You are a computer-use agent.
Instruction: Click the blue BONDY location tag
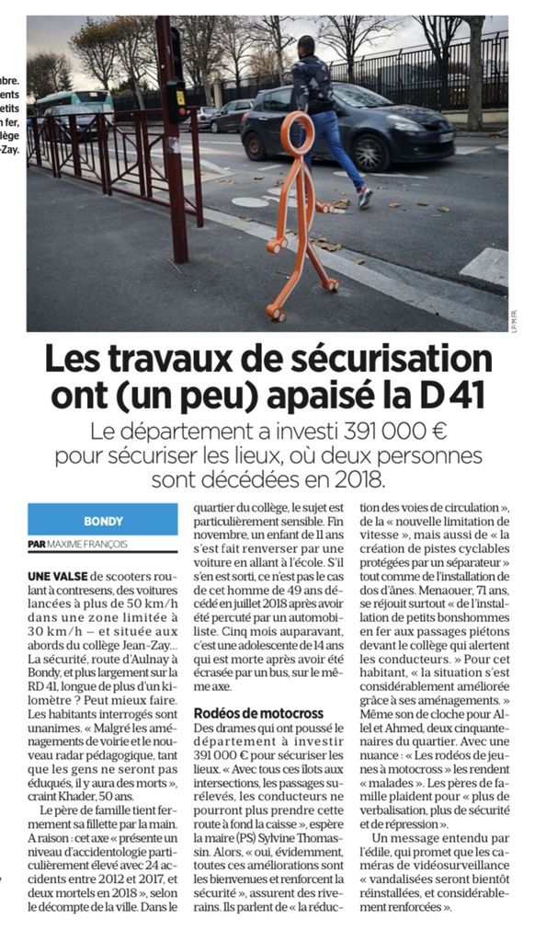103,520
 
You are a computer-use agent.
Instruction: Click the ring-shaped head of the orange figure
297,134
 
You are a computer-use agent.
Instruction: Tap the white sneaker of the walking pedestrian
365,197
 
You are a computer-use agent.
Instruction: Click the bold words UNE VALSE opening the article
58,575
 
